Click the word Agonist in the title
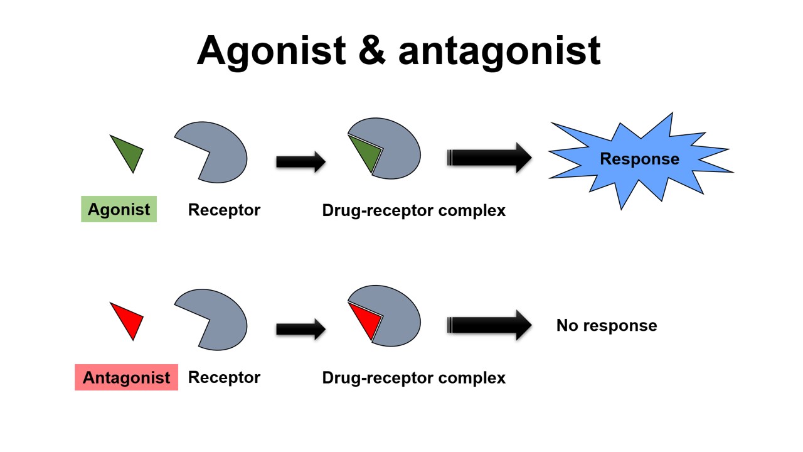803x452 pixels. pyautogui.click(x=271, y=50)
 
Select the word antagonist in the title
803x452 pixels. pyautogui.click(x=499, y=50)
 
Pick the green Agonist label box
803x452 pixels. pyautogui.click(x=119, y=210)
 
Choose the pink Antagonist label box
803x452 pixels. pyautogui.click(x=126, y=377)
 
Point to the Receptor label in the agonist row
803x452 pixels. pyautogui.click(x=224, y=210)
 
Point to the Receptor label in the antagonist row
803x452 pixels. pyautogui.click(x=224, y=377)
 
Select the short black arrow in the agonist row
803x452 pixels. pyautogui.click(x=300, y=161)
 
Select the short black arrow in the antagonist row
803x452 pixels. pyautogui.click(x=300, y=328)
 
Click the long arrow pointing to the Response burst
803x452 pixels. pyautogui.click(x=489, y=157)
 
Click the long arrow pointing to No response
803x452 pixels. pyautogui.click(x=489, y=325)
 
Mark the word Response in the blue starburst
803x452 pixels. pyautogui.click(x=639, y=159)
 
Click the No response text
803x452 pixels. pyautogui.click(x=607, y=325)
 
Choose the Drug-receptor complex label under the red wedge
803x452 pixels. pyautogui.click(x=413, y=377)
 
